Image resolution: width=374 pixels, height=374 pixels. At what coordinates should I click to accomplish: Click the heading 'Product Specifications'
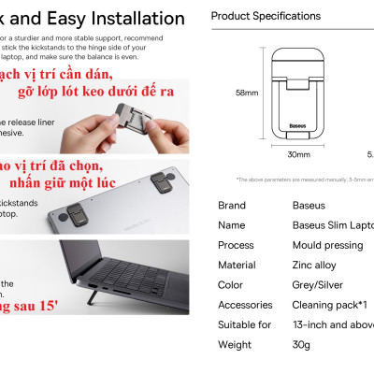click(x=266, y=16)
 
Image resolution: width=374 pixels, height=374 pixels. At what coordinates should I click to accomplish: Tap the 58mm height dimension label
click(x=246, y=93)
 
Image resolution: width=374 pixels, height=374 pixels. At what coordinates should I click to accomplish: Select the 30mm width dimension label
click(x=298, y=154)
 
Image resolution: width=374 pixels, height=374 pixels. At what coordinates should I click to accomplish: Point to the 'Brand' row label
click(x=231, y=205)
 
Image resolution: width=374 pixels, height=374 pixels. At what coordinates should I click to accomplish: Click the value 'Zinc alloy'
click(x=316, y=265)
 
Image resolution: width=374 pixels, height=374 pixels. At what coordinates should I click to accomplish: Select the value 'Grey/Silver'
click(x=318, y=284)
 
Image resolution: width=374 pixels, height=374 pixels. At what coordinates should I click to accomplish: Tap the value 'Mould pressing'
click(x=326, y=245)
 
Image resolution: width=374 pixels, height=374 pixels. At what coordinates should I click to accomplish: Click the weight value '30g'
click(x=301, y=344)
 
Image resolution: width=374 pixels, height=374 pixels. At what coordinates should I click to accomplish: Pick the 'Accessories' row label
click(x=245, y=305)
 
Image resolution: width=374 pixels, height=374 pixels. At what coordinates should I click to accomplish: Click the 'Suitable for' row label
click(x=244, y=324)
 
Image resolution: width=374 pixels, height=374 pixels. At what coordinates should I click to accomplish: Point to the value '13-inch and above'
click(x=332, y=324)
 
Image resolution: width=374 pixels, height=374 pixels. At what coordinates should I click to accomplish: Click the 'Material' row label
click(x=237, y=265)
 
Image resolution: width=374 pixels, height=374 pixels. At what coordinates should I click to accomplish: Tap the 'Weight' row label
click(x=234, y=344)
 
